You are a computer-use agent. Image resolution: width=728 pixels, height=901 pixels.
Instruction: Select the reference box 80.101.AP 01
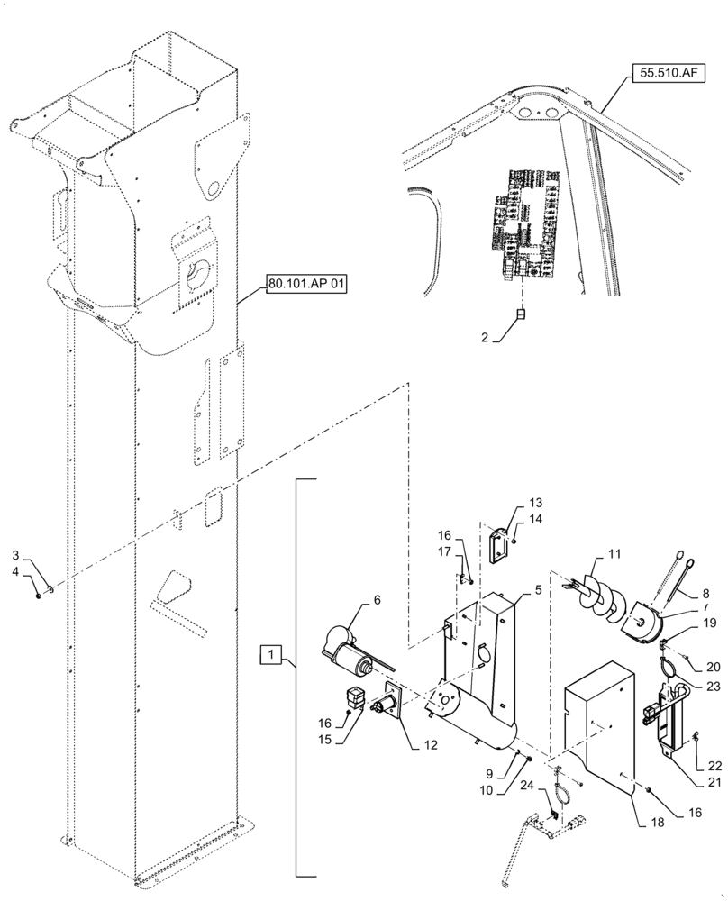[x=307, y=284]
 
